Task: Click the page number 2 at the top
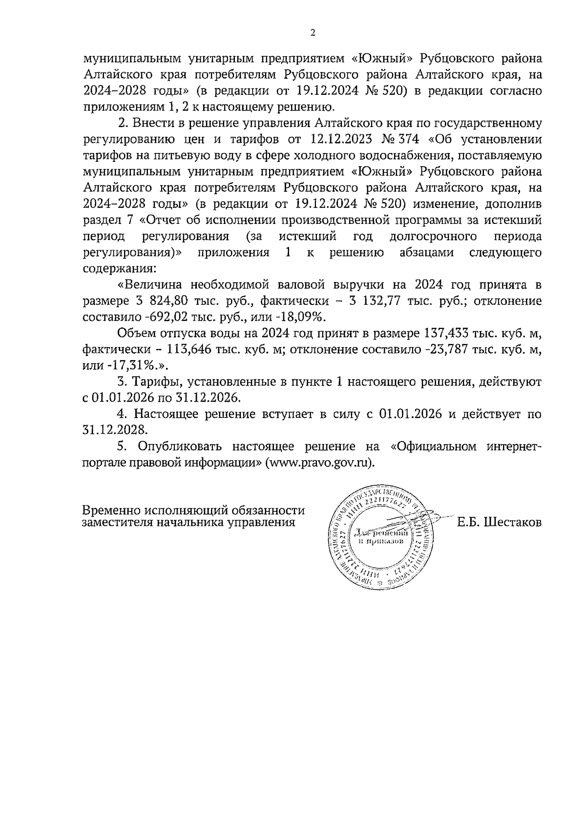click(313, 33)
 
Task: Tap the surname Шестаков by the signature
click(512, 523)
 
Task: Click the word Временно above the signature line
click(111, 510)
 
